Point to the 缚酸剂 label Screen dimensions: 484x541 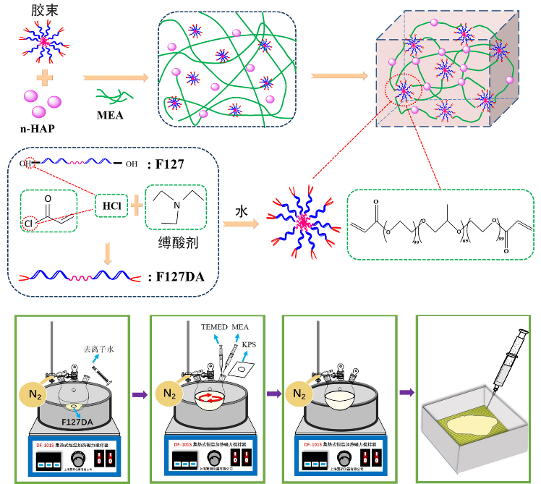(x=178, y=242)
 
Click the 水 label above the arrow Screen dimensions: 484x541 (x=244, y=211)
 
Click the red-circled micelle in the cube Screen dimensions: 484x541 (x=403, y=92)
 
